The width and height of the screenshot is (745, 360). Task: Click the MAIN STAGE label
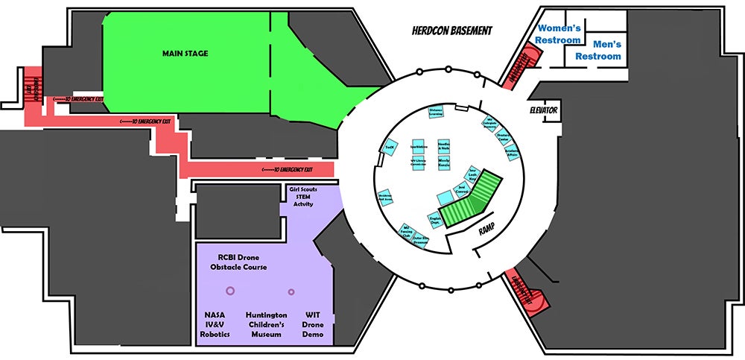(186, 54)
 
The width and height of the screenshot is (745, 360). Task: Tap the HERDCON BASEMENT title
(451, 31)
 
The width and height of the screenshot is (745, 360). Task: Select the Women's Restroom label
(559, 34)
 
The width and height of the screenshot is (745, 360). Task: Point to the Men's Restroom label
(597, 51)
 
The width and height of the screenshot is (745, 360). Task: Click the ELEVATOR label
(544, 110)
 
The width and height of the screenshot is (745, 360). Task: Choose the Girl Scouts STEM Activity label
(303, 197)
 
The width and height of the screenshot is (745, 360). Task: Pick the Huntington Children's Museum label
(266, 325)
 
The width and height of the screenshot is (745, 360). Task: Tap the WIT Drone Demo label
(313, 325)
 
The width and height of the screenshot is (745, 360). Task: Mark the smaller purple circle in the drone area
(291, 291)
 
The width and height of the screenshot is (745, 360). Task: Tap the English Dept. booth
(436, 221)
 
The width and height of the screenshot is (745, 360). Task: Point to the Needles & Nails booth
(443, 146)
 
